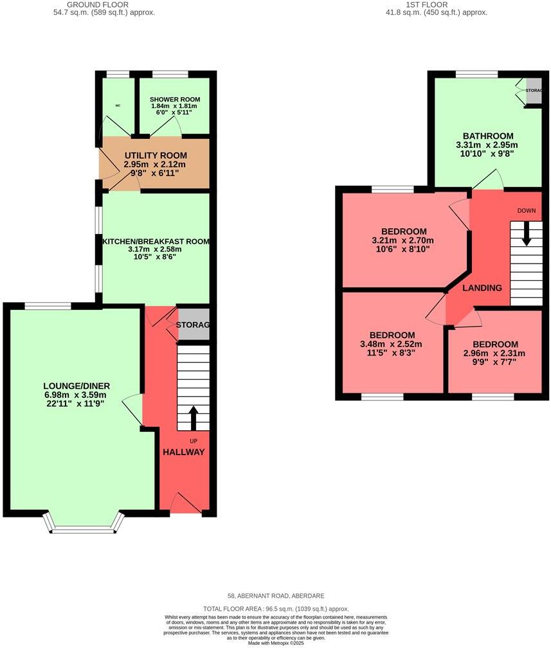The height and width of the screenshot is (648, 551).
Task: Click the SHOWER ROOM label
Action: pos(175,100)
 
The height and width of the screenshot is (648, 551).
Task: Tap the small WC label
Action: pos(118,105)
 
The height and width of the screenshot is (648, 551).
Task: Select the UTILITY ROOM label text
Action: pos(156,156)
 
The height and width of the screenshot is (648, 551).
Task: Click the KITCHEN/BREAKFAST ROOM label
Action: pos(156,242)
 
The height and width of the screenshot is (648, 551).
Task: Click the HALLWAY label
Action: pos(183,452)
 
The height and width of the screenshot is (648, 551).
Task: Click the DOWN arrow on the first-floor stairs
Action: pos(527,234)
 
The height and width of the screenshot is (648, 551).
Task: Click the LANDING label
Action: pos(483,288)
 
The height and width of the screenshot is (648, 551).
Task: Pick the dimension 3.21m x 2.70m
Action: pos(404,240)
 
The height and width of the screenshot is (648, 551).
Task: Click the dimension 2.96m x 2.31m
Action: pos(494,354)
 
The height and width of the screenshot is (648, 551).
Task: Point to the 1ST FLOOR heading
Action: pos(440,4)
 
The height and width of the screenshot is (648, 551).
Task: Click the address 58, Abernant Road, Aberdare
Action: pos(275,596)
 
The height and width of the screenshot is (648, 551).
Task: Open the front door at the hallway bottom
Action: pos(186,505)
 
